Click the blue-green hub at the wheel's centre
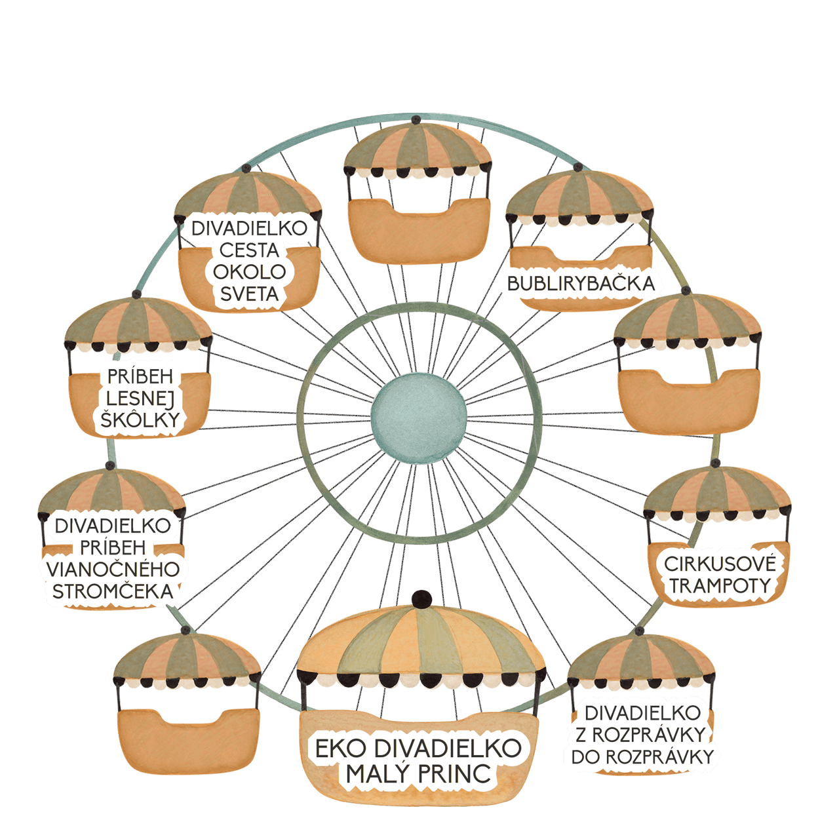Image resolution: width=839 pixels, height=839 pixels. click(x=419, y=419)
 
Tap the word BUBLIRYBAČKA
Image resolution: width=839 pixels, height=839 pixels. click(x=581, y=284)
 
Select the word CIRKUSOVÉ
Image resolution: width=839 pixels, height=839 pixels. click(x=720, y=564)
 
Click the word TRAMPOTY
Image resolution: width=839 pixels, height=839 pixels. click(x=720, y=586)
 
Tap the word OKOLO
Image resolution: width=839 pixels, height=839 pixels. click(x=249, y=272)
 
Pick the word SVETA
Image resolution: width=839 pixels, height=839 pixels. click(x=249, y=294)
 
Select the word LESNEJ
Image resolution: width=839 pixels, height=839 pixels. click(x=140, y=399)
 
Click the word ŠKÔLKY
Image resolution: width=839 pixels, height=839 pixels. click(x=140, y=419)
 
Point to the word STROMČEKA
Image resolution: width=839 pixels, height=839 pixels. click(x=113, y=591)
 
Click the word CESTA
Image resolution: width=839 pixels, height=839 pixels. click(x=249, y=250)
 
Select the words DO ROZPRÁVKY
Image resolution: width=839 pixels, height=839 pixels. click(x=642, y=756)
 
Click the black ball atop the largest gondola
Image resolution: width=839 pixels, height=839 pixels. click(x=421, y=600)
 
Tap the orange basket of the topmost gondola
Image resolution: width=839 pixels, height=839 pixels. click(x=419, y=231)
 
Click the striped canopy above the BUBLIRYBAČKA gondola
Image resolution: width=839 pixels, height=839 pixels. click(x=579, y=196)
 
